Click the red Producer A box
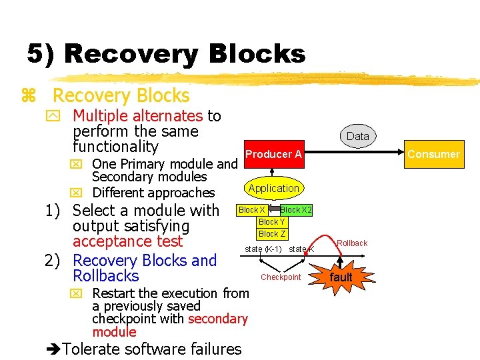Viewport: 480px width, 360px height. (274, 155)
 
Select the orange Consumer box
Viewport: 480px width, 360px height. (433, 154)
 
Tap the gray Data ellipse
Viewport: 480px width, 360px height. (357, 136)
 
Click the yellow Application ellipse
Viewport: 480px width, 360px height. (273, 188)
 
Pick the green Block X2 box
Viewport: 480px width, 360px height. (295, 209)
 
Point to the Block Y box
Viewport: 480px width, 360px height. (271, 222)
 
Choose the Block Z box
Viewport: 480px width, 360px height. (271, 234)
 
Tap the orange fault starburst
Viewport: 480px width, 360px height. (341, 277)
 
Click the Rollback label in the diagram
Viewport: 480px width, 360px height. (352, 243)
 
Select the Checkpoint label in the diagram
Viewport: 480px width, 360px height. (281, 277)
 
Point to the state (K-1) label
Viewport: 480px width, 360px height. (263, 249)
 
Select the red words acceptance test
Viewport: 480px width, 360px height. (127, 241)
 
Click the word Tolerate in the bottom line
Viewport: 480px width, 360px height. (91, 349)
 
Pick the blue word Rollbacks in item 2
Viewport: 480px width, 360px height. (105, 276)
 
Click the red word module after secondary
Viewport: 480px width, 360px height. (114, 332)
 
